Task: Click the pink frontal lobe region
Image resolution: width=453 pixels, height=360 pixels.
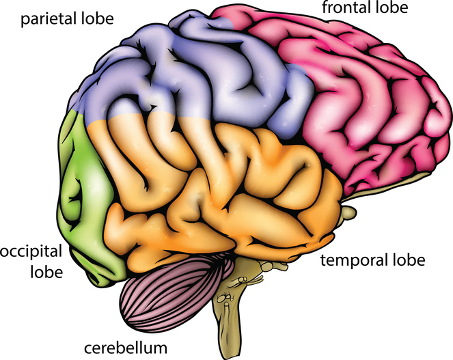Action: click(x=362, y=102)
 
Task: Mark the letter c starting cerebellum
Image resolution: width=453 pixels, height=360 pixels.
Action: click(x=87, y=348)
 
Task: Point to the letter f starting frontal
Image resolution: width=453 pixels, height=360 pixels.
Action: click(x=325, y=8)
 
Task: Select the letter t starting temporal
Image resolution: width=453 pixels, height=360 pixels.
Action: click(x=323, y=260)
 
